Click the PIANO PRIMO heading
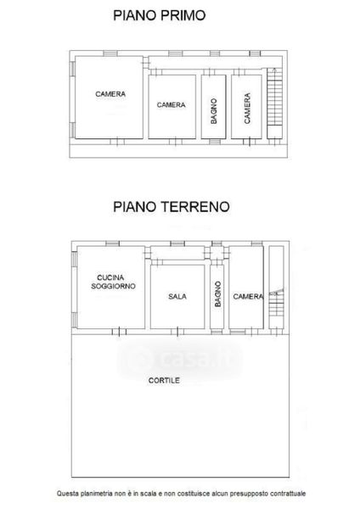[160, 15]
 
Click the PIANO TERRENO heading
[172, 207]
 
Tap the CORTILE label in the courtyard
[164, 380]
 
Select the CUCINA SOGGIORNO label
[113, 282]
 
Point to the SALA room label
[177, 296]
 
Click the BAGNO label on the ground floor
[217, 294]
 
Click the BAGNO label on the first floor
[213, 111]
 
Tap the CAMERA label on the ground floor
[248, 296]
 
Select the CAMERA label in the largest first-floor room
[110, 94]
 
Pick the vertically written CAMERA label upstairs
[247, 108]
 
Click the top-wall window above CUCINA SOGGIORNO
[113, 243]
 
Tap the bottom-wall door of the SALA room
[177, 332]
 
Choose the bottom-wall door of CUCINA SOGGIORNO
[119, 332]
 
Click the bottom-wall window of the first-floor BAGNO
[215, 142]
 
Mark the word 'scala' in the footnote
[149, 494]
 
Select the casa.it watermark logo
[180, 358]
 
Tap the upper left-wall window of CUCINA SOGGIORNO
[74, 260]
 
